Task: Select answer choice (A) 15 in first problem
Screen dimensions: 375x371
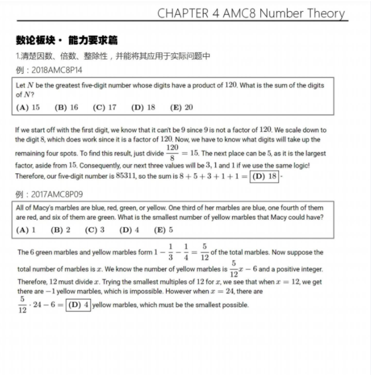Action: (29, 107)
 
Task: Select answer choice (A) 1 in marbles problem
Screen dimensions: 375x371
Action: (26, 230)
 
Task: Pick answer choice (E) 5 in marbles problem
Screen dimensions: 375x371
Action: (163, 230)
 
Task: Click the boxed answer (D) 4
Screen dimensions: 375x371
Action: (79, 305)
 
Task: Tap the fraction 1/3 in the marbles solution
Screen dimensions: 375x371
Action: (171, 251)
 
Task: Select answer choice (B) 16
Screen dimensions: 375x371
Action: (66, 107)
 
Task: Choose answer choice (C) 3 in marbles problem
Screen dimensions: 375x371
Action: (95, 230)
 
